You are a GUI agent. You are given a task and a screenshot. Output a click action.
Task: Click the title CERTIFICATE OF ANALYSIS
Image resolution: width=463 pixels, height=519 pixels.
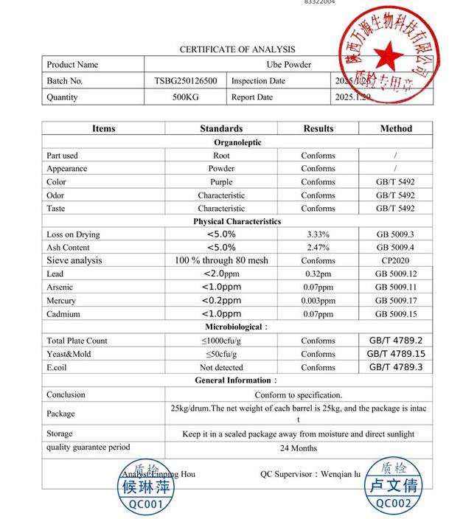(237, 49)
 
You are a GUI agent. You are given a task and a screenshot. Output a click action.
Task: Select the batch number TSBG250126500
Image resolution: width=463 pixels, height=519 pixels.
(185, 81)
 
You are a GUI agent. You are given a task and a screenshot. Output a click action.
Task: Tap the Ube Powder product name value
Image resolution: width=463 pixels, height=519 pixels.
(288, 65)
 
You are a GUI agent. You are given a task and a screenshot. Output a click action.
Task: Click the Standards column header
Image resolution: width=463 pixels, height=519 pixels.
(220, 128)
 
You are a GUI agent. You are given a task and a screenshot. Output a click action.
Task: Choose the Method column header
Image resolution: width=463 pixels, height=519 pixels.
(396, 128)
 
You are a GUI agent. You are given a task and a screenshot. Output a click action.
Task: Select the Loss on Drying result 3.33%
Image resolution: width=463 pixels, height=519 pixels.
(318, 234)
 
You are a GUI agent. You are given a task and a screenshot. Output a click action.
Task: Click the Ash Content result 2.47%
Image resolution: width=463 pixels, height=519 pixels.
(318, 248)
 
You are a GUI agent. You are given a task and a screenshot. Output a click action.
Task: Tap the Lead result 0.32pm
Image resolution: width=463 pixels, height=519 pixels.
(318, 274)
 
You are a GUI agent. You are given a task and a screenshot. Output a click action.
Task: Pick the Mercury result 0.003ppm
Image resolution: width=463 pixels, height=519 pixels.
(318, 301)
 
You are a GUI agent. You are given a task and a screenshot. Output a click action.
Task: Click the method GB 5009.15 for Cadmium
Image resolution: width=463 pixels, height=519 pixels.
(396, 314)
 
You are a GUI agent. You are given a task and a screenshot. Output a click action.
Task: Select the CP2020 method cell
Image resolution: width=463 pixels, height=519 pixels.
(396, 260)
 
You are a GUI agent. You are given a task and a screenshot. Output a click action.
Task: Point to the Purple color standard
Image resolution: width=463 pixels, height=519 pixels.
(220, 182)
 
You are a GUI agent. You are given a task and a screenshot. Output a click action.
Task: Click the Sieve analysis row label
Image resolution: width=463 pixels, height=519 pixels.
(74, 260)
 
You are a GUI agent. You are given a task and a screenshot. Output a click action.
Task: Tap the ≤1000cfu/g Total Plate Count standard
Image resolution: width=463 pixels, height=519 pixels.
(220, 341)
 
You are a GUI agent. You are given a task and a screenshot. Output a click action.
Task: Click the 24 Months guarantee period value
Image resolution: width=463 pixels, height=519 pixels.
(299, 447)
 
